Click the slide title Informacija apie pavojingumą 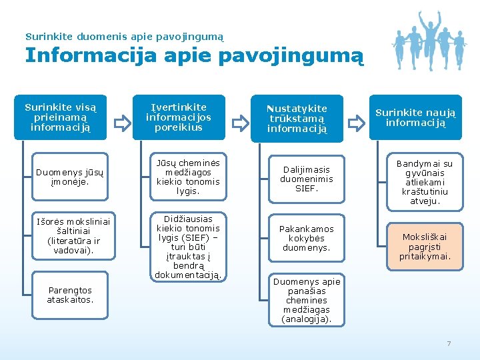click(x=194, y=55)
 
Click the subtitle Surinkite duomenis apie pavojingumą click(x=124, y=36)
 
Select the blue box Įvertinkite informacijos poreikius click(x=179, y=117)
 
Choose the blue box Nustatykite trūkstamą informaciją click(x=297, y=118)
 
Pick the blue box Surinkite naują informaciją click(x=415, y=117)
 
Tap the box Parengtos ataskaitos click(x=69, y=295)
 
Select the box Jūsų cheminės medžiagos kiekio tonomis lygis click(x=187, y=177)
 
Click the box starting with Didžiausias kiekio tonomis click(x=187, y=247)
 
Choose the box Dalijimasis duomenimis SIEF click(x=306, y=179)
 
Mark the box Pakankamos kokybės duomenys click(x=306, y=238)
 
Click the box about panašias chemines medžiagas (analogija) click(x=306, y=300)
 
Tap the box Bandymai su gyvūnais click(x=425, y=182)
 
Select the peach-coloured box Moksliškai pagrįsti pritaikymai click(x=425, y=246)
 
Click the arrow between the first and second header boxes click(x=121, y=123)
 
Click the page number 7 click(x=449, y=343)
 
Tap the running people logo click(x=427, y=40)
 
